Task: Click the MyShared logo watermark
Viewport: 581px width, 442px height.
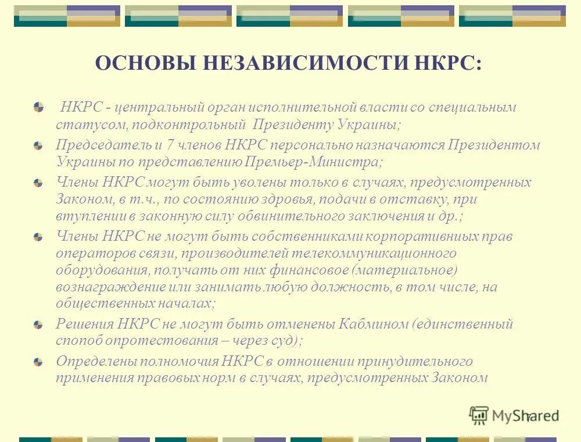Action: coord(514,415)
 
